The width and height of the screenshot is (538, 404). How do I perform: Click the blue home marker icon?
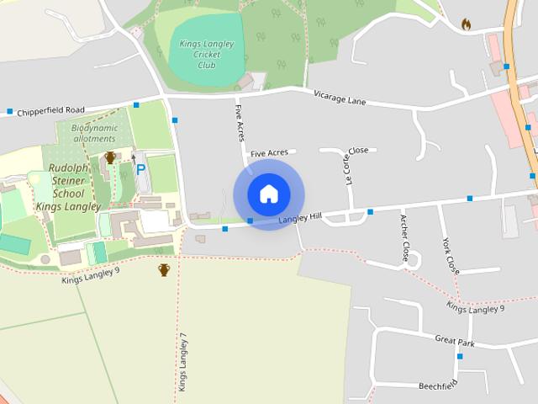(268, 194)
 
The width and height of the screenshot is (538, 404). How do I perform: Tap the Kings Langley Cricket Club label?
(206, 54)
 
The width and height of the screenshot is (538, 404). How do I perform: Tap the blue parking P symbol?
(140, 169)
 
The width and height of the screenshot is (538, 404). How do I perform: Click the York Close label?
(451, 256)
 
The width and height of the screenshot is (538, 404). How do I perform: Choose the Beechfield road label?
(438, 385)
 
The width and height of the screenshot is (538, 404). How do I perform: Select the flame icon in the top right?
(467, 25)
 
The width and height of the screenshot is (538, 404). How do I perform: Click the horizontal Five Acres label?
(269, 153)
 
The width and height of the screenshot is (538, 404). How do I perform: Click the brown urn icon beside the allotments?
(110, 157)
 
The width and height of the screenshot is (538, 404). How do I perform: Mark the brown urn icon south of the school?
(164, 269)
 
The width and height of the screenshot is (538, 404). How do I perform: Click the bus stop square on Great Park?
(459, 356)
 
